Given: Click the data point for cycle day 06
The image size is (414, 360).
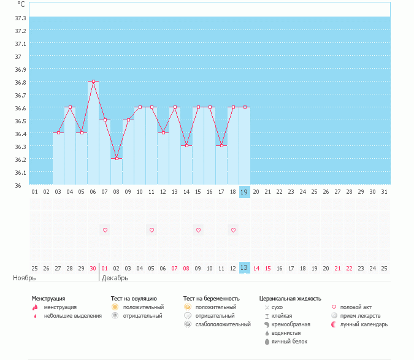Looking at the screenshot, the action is [93, 82].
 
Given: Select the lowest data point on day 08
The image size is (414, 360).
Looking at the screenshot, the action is [117, 159].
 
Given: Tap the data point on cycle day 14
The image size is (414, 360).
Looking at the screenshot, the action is [186, 146].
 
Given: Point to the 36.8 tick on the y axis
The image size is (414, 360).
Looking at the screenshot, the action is [20, 83].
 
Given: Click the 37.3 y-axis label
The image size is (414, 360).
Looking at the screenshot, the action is [20, 18].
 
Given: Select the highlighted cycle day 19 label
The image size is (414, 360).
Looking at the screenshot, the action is [245, 192].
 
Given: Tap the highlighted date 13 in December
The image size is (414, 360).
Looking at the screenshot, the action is [245, 267].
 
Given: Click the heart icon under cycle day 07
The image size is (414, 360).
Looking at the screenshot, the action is [105, 230].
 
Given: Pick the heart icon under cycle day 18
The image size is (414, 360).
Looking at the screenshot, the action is [233, 230].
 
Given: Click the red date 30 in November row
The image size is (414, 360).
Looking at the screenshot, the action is [93, 269].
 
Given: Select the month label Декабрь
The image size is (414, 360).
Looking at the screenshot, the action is [115, 278].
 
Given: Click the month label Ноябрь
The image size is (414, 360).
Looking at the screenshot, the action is [25, 278].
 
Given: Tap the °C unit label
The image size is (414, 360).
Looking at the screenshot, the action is [21, 4].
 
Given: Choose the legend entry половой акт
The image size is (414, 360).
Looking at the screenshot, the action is [351, 307].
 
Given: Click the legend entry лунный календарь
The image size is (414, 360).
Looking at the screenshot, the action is [359, 324].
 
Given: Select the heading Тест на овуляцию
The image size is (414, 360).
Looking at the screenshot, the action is [134, 299].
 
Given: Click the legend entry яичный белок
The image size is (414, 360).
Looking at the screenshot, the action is [286, 342].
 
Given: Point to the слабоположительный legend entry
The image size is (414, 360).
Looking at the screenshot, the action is [217, 324].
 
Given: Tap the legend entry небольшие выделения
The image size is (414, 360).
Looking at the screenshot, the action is [67, 316].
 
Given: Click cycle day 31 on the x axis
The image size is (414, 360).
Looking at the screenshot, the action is [384, 192].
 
